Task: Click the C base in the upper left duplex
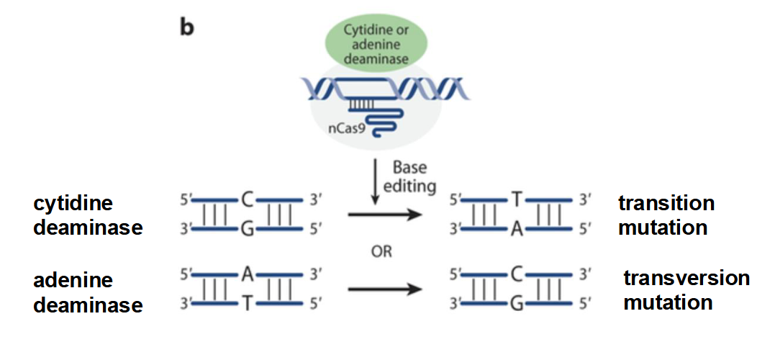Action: tap(246, 199)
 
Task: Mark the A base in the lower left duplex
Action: tap(246, 274)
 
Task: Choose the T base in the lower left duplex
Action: tap(246, 305)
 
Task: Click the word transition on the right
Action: tap(666, 204)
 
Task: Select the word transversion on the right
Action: tap(686, 278)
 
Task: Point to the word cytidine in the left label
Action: tap(73, 204)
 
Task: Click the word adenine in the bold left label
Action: tap(73, 280)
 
